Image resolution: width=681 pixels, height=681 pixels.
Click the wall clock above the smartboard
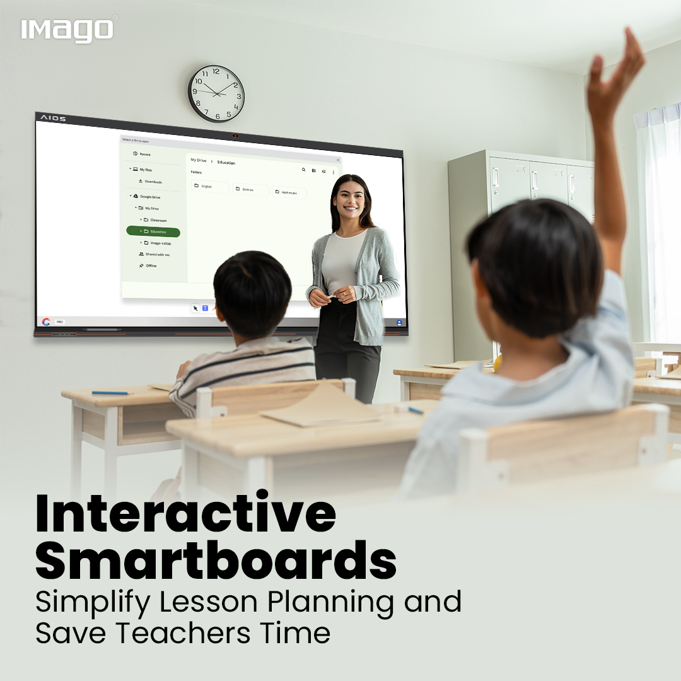coord(216,93)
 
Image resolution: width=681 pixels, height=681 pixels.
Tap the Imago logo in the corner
coord(68,30)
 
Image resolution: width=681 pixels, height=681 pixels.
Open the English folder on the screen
coord(209,187)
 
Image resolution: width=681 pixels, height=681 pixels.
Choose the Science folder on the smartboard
coord(250,189)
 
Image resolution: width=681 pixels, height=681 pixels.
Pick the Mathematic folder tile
coord(289,192)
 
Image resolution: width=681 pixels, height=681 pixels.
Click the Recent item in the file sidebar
coord(144,154)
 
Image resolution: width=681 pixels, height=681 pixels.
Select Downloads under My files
coord(153,182)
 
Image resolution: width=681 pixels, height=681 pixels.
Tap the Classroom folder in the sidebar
coord(158,220)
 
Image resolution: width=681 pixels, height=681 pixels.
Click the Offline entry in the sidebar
coord(151,265)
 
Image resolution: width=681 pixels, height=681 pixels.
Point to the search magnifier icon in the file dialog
coord(303,170)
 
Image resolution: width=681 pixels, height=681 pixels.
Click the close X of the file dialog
coord(337,160)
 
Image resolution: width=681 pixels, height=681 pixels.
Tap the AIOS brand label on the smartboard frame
coord(53,118)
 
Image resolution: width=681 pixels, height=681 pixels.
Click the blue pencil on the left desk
coord(110,393)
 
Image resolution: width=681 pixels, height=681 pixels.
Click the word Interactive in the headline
coord(185,513)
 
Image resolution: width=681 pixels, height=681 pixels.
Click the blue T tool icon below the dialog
coord(206,308)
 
